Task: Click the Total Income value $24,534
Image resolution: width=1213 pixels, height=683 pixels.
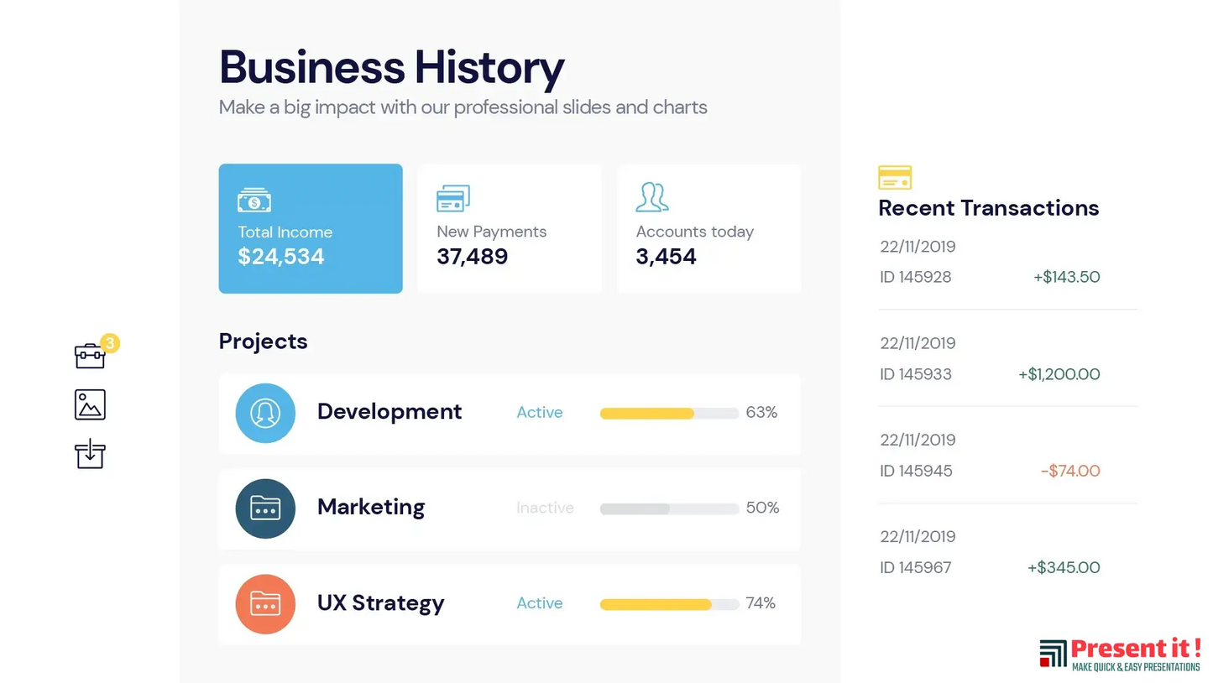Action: [x=280, y=257]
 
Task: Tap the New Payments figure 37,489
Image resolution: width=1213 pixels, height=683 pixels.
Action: [x=472, y=257]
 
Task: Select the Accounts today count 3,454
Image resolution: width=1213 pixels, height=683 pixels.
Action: [x=666, y=257]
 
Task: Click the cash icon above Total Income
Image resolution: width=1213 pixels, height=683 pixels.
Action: [x=254, y=201]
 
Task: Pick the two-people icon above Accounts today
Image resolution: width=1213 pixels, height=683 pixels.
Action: [x=651, y=197]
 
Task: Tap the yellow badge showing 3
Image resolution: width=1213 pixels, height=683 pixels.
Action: [x=110, y=342]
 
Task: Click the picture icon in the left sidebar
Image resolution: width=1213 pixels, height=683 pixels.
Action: [x=90, y=404]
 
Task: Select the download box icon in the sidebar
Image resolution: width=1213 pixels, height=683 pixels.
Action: [x=90, y=454]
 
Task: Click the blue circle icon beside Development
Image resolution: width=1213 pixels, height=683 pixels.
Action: [x=265, y=413]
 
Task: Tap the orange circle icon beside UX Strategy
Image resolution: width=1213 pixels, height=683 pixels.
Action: [x=265, y=604]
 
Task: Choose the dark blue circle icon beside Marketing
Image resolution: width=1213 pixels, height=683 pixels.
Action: [x=265, y=508]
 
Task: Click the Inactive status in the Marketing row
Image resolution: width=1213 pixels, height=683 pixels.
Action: [x=545, y=508]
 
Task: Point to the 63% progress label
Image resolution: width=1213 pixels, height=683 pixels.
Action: [x=761, y=413]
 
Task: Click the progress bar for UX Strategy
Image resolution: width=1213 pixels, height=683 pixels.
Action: [x=669, y=604]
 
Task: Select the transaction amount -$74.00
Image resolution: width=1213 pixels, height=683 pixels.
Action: [x=1069, y=471]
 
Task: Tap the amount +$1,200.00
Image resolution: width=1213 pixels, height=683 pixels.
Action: [x=1059, y=374]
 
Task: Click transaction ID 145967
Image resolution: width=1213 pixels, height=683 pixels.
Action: [x=916, y=568]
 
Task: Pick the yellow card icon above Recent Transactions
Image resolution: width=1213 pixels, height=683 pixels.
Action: [x=895, y=178]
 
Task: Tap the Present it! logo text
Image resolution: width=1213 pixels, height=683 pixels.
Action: [x=1135, y=649]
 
